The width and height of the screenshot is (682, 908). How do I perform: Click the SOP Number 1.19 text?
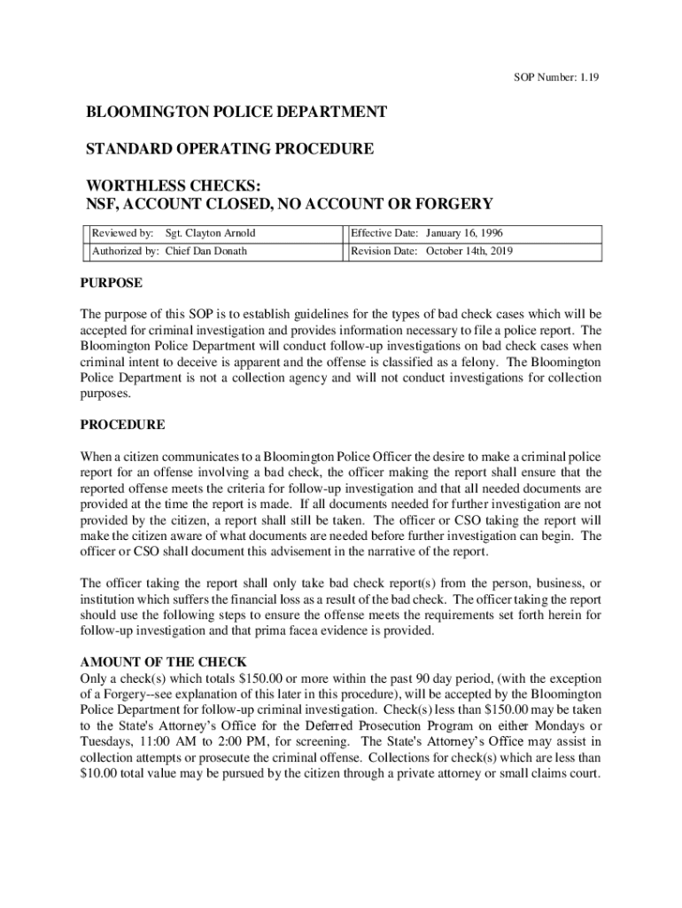point(557,78)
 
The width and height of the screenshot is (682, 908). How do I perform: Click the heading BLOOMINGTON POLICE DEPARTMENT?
point(236,113)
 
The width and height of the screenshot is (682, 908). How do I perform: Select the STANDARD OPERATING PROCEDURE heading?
point(229,149)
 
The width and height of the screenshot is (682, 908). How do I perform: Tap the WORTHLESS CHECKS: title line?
point(174,186)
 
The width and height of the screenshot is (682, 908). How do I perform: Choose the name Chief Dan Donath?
point(207,251)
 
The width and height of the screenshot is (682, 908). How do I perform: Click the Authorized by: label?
point(126,251)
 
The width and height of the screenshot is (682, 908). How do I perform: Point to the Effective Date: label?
point(384,233)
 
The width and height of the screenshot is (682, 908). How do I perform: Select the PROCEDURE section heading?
point(122,425)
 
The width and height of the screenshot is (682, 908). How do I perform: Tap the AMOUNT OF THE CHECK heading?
point(163,662)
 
